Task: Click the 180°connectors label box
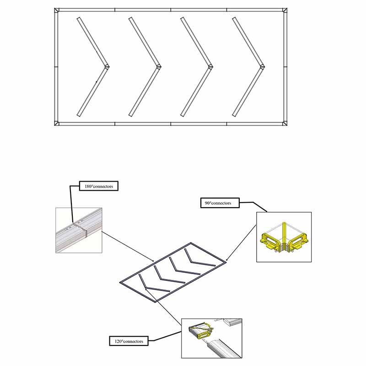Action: (99, 187)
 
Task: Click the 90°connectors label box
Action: (220, 203)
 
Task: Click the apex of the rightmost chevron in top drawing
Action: (263, 67)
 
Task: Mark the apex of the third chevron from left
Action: (211, 67)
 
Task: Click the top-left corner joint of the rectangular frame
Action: (56, 11)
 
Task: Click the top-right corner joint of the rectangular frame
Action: (285, 11)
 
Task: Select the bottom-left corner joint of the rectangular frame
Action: (56, 123)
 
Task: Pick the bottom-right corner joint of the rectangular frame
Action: (285, 123)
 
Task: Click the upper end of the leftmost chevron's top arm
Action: (79, 19)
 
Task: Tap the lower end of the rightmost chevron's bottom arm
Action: (235, 115)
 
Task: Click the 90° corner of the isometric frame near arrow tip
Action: (226, 262)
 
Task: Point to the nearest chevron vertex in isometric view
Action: (145, 288)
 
